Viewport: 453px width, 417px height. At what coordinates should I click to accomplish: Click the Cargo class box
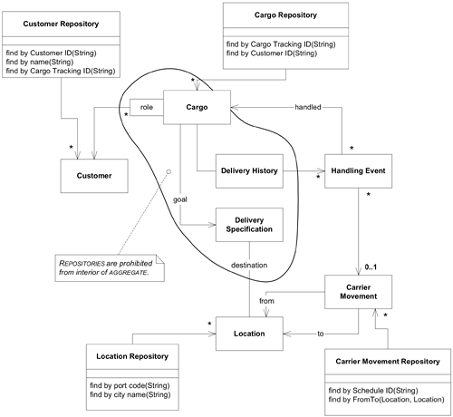coord(196,108)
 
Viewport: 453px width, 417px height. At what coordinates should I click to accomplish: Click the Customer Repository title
coord(61,22)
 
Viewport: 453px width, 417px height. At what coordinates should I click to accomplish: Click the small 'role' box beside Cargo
coord(145,108)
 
